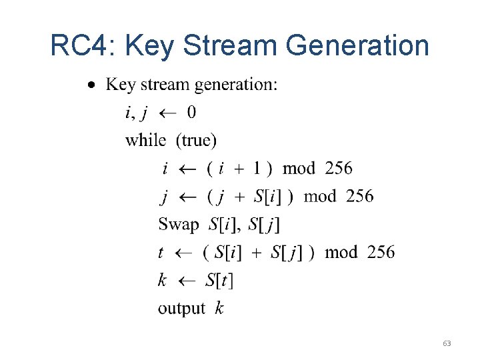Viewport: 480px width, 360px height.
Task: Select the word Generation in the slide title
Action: (357, 46)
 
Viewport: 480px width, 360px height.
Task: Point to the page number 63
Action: (447, 343)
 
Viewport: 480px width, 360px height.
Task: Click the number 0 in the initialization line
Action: (191, 113)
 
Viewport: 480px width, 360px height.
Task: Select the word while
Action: (145, 140)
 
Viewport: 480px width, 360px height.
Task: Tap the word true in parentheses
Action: (196, 140)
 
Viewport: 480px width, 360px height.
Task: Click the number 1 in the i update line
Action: (257, 169)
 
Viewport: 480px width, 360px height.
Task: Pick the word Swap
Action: (178, 225)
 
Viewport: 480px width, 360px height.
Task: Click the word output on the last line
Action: (181, 309)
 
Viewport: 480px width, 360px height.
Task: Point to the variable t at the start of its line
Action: (161, 253)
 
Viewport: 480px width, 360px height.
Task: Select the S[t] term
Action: (219, 281)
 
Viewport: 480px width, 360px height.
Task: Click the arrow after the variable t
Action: (183, 253)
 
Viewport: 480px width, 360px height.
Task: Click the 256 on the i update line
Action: (339, 169)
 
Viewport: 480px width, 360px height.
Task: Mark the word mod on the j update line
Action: (319, 197)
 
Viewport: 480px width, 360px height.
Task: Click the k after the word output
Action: (219, 309)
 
